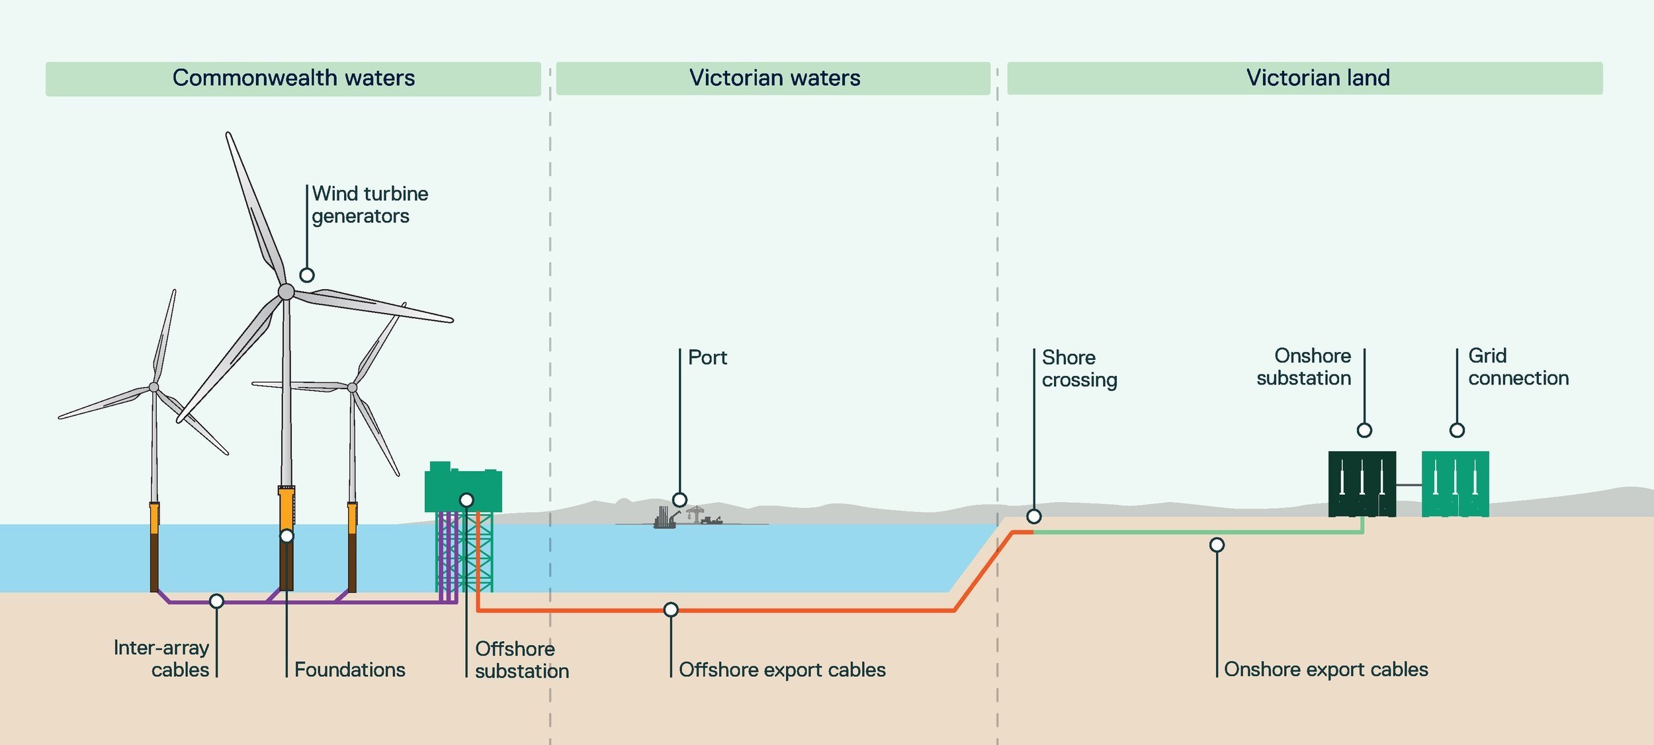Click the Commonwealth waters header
[x=293, y=79]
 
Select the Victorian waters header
[x=773, y=78]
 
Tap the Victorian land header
[x=1305, y=78]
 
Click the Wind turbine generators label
[x=370, y=205]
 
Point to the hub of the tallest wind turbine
[x=286, y=292]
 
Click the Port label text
[x=707, y=358]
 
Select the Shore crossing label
[x=1080, y=369]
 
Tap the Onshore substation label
[x=1304, y=367]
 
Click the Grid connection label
[x=1518, y=367]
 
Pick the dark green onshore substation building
[x=1362, y=484]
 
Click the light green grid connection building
[x=1456, y=484]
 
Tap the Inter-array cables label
[x=161, y=658]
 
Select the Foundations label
[x=350, y=670]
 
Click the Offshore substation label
[x=522, y=660]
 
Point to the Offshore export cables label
[x=782, y=670]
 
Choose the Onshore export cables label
[x=1326, y=669]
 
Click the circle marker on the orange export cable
[x=671, y=609]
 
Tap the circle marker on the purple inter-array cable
[x=216, y=601]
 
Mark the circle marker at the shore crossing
[x=1034, y=516]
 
